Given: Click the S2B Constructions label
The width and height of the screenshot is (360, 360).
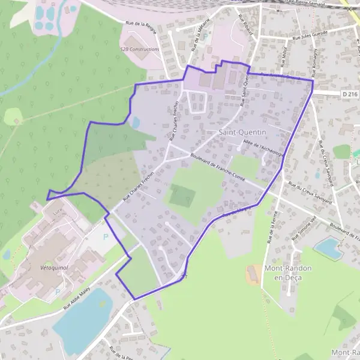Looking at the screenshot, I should (140, 49).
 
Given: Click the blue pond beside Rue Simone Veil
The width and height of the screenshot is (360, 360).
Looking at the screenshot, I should (328, 246).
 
